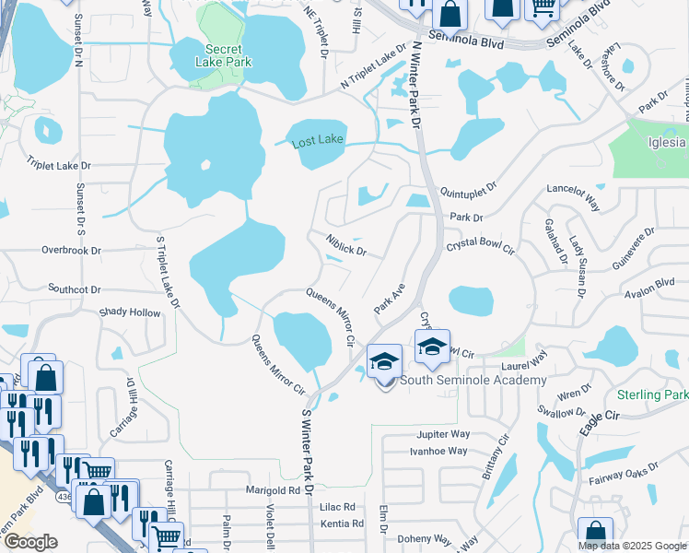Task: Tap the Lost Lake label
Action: tap(317, 143)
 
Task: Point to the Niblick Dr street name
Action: tap(345, 245)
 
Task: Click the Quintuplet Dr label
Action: tap(469, 190)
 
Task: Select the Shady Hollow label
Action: tap(129, 312)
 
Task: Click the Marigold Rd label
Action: tap(274, 491)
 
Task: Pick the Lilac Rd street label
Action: tap(337, 507)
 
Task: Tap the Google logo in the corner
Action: tap(30, 542)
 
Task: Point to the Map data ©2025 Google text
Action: tap(632, 546)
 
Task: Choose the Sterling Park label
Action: tap(653, 394)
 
